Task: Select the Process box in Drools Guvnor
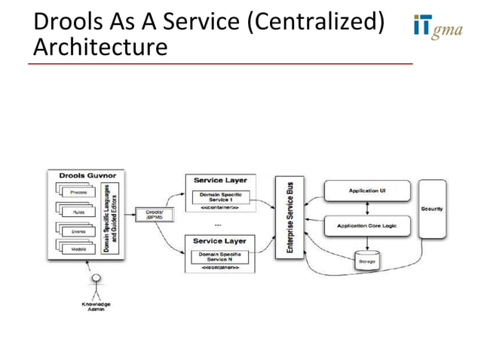click(x=78, y=193)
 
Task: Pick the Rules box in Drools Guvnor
click(x=78, y=212)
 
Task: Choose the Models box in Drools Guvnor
click(x=78, y=249)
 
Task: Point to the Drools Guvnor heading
click(x=82, y=175)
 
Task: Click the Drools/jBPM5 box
click(x=154, y=215)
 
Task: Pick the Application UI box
click(x=368, y=191)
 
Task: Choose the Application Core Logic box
click(x=368, y=224)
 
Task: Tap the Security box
click(x=432, y=209)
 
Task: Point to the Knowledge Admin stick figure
click(x=96, y=286)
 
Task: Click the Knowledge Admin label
click(x=96, y=307)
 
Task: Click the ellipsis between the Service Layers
click(x=218, y=224)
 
